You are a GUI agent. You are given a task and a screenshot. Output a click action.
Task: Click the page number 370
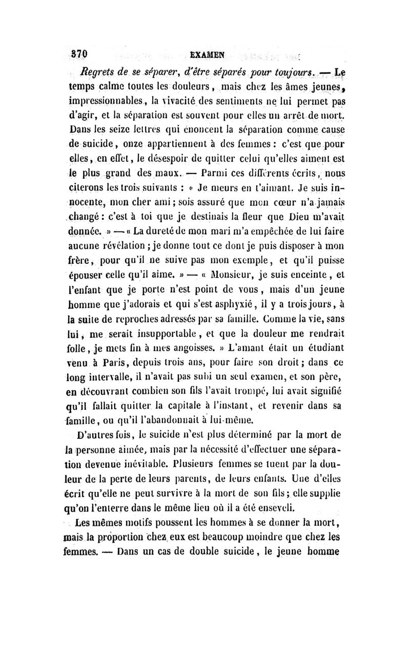coord(80,53)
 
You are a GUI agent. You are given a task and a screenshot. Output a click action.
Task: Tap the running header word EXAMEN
coord(205,53)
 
